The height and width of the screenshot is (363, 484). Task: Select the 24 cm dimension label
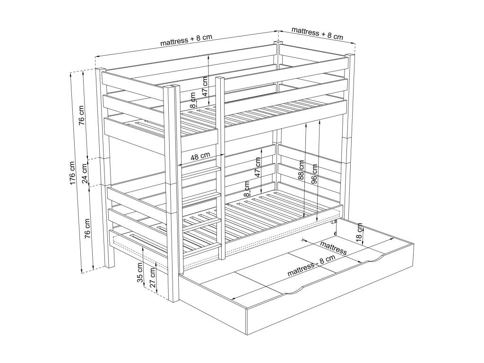pos(85,173)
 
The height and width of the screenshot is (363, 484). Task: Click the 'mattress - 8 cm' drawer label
pos(311,266)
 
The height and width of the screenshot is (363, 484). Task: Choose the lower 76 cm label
pos(88,229)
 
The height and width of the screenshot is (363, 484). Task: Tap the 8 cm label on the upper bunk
pos(193,100)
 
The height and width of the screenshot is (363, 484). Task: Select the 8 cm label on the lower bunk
pos(246,189)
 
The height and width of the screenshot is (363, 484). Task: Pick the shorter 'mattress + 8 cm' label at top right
pos(317,33)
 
